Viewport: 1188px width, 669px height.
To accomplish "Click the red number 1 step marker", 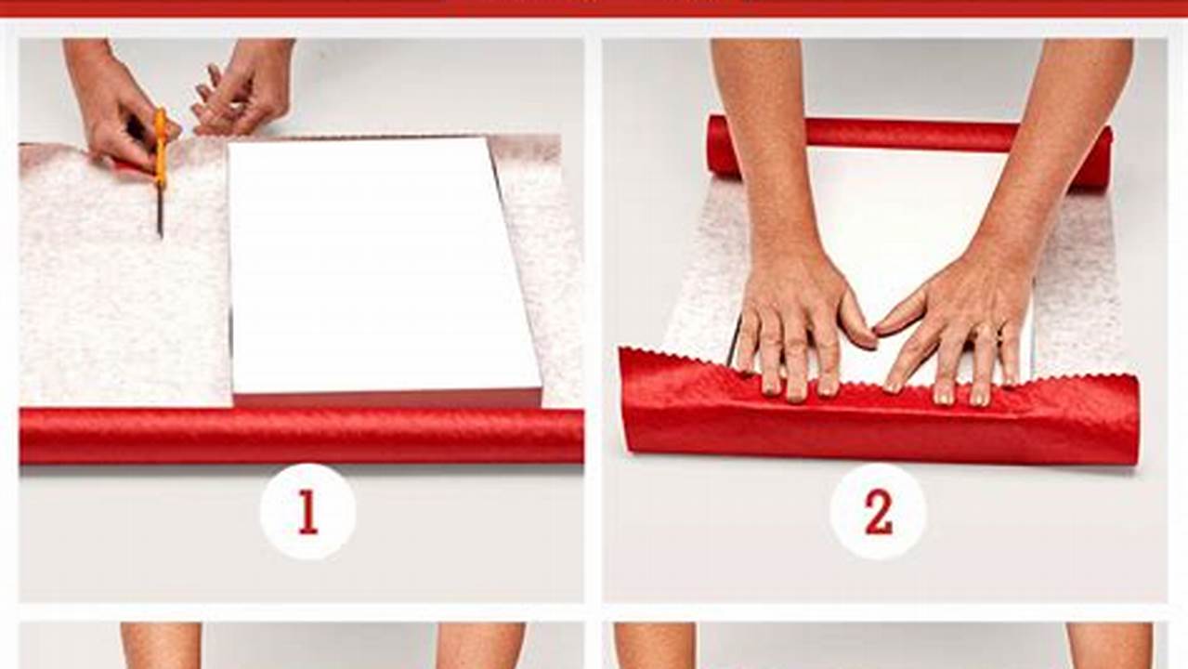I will click(307, 512).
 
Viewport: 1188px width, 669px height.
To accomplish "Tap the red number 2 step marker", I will click(878, 512).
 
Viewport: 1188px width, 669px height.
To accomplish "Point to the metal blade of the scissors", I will click(160, 210).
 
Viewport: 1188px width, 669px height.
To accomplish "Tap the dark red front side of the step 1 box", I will click(385, 400).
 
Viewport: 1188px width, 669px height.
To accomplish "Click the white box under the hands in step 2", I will click(892, 214).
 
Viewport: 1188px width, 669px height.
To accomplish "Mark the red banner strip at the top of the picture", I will click(594, 7).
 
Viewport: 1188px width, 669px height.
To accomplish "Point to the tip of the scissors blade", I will click(160, 234).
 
